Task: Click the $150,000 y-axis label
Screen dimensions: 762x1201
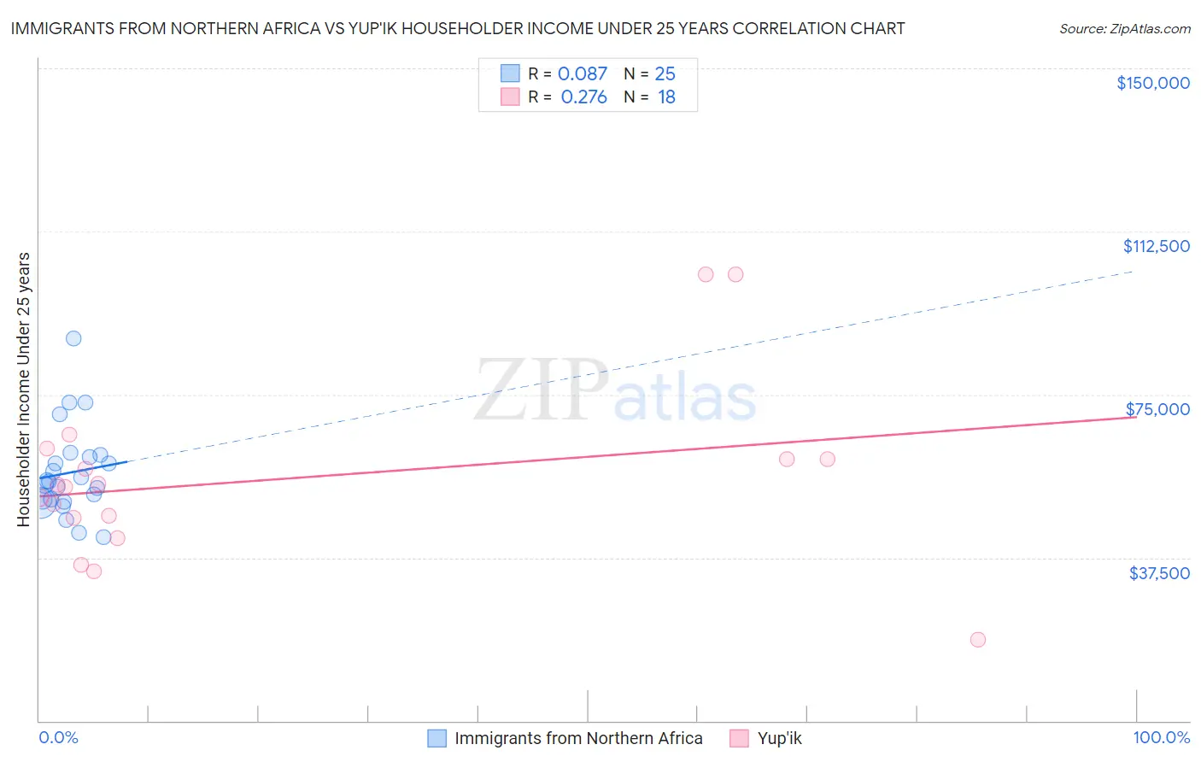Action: [x=1152, y=83]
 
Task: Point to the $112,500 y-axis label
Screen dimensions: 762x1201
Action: [x=1156, y=246]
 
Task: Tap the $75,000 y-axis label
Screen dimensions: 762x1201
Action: [x=1157, y=409]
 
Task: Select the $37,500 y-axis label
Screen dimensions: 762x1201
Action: [x=1159, y=573]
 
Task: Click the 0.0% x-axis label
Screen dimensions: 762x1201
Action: [x=58, y=737]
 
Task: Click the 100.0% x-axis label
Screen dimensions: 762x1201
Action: [x=1161, y=737]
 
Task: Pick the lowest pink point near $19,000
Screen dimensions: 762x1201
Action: [x=978, y=640]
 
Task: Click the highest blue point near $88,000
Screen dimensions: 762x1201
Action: [x=73, y=338]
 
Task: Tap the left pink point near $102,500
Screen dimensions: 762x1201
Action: [x=706, y=274]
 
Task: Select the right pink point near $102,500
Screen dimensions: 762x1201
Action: [x=735, y=274]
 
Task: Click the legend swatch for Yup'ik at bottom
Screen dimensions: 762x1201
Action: [x=739, y=738]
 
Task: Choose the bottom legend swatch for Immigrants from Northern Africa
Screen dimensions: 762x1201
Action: [x=436, y=738]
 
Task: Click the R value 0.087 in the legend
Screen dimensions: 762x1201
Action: [x=582, y=74]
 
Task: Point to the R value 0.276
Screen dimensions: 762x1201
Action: [x=583, y=97]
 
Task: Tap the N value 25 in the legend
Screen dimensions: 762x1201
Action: [x=665, y=74]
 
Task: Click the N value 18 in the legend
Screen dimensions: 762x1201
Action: [x=666, y=97]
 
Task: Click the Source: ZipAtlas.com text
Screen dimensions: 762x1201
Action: [x=1124, y=29]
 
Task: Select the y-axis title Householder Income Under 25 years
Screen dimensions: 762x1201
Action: [x=24, y=389]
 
